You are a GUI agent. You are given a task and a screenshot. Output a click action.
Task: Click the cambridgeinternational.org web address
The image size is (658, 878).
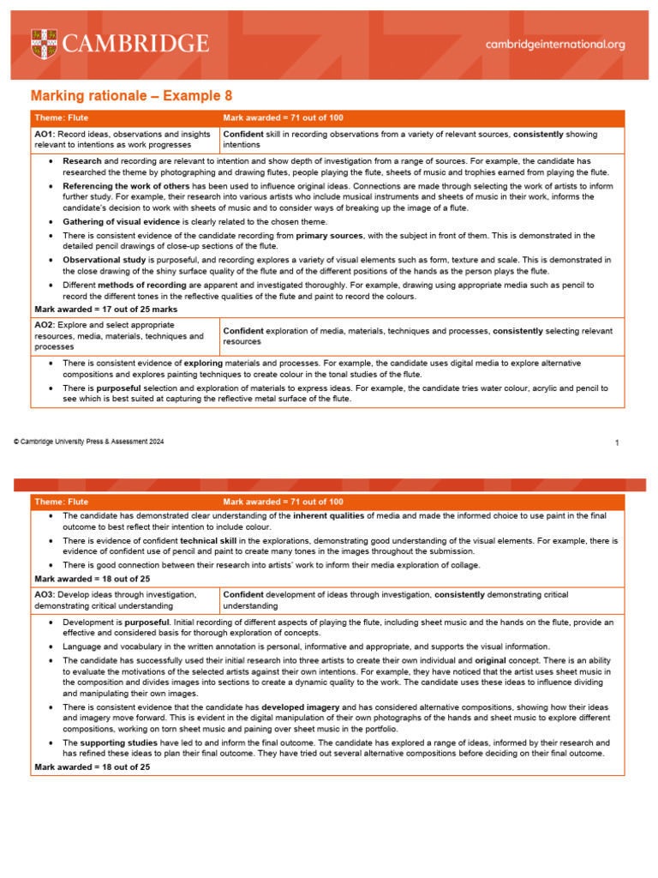(x=555, y=44)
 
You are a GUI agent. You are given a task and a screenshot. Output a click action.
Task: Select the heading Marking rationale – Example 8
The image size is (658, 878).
(x=131, y=96)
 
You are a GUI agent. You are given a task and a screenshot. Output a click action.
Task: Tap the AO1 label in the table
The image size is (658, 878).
(x=45, y=135)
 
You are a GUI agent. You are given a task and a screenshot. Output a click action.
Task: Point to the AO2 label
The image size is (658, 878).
(x=45, y=325)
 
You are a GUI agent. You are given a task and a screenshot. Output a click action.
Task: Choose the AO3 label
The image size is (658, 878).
(x=45, y=594)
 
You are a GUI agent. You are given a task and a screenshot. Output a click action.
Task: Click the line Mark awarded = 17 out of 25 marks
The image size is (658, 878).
(x=105, y=308)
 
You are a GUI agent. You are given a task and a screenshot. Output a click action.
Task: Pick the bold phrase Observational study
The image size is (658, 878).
(x=104, y=259)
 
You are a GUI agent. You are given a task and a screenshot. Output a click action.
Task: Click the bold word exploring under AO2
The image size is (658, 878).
(x=203, y=364)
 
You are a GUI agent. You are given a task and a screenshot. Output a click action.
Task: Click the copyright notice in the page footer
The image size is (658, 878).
(x=88, y=442)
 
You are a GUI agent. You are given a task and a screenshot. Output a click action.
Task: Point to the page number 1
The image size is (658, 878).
(x=617, y=442)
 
